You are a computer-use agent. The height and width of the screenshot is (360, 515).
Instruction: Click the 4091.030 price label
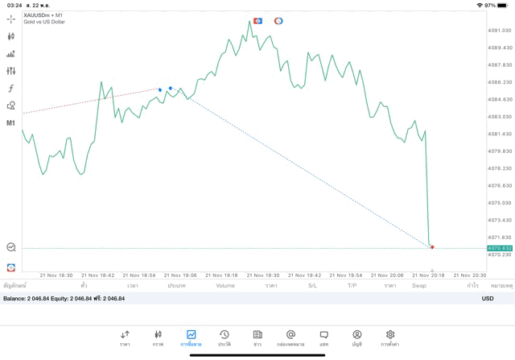500,31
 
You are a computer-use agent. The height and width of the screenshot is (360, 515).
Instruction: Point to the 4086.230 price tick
500,82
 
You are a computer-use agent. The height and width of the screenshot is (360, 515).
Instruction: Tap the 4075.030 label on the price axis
500,203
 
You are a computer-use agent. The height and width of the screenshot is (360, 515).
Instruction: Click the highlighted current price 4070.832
500,248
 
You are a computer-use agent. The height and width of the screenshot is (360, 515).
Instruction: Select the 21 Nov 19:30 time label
263,275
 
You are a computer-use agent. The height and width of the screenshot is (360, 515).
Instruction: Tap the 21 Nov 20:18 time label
428,275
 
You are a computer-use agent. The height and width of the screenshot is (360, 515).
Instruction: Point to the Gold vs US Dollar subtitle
45,22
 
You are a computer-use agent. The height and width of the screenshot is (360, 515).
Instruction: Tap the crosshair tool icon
11,18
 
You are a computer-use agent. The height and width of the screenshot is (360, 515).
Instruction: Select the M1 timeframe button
11,123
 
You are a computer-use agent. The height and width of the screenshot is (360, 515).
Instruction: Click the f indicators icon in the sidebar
11,89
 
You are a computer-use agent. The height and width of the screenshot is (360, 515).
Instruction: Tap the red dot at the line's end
432,246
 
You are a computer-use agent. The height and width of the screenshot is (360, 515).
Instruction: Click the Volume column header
225,286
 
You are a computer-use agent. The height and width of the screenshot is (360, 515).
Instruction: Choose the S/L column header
313,286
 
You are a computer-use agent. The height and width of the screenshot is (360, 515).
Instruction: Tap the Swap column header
419,286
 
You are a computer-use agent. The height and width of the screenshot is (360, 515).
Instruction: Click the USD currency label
488,299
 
